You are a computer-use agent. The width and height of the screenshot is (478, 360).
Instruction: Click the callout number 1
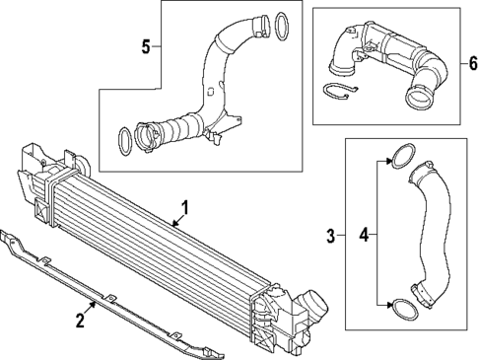coord(183,207)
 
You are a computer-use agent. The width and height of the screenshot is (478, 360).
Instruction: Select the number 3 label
coord(331,235)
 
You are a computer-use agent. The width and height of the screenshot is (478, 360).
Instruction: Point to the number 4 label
coord(364,235)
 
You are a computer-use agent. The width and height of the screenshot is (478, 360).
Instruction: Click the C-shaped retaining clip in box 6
coord(337,92)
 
